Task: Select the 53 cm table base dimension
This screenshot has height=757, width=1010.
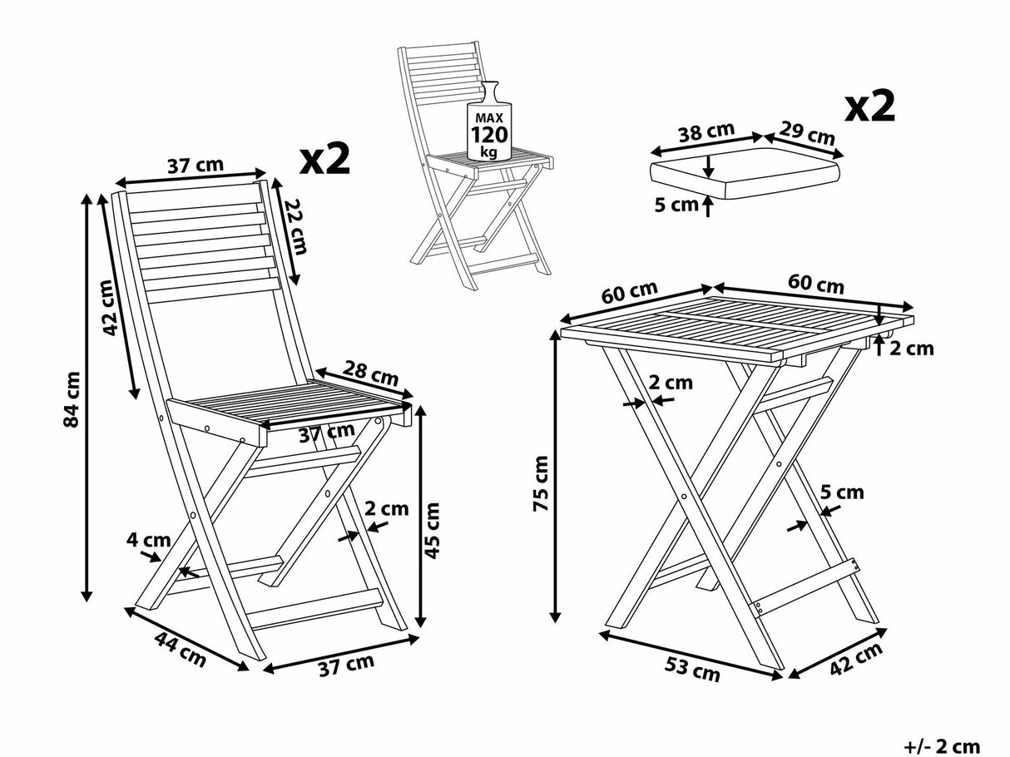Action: pyautogui.click(x=692, y=668)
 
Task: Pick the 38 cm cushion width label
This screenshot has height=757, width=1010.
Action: pyautogui.click(x=706, y=132)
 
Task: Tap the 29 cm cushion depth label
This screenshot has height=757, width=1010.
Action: pyautogui.click(x=806, y=133)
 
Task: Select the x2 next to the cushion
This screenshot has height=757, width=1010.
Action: pyautogui.click(x=869, y=107)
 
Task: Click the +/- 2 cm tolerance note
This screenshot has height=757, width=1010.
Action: pyautogui.click(x=941, y=746)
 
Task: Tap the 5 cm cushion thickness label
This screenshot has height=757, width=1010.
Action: pyautogui.click(x=675, y=205)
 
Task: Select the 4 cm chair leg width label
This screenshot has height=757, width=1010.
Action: pyautogui.click(x=142, y=540)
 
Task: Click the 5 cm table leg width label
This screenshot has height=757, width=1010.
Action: pyautogui.click(x=842, y=492)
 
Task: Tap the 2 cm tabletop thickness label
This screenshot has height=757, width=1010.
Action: pyautogui.click(x=913, y=348)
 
